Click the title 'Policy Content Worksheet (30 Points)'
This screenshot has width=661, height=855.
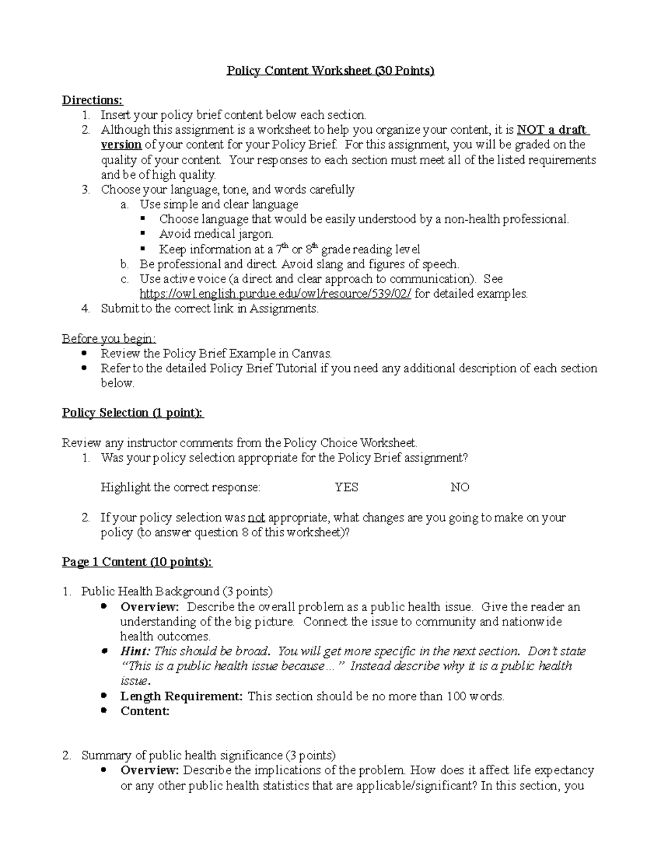(330, 71)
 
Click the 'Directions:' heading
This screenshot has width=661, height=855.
(93, 100)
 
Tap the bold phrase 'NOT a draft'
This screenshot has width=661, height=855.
(552, 130)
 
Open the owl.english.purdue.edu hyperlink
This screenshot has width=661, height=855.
(275, 293)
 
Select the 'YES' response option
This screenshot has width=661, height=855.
(346, 487)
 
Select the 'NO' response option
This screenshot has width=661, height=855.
(459, 487)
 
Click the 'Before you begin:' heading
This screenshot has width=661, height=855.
(109, 339)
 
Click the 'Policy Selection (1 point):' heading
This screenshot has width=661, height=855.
(133, 413)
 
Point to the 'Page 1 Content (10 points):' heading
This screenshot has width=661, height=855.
(137, 562)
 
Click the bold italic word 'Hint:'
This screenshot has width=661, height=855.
(135, 651)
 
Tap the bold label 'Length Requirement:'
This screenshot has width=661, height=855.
(181, 696)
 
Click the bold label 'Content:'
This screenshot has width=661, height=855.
(145, 711)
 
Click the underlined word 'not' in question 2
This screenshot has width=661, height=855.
(256, 518)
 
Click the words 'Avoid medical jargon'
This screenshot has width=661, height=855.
(216, 234)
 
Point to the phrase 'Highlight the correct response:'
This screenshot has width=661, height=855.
(180, 487)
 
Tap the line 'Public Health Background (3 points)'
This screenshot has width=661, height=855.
(177, 592)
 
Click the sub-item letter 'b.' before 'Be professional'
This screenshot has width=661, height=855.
(124, 264)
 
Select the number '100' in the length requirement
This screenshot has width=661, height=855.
(456, 696)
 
